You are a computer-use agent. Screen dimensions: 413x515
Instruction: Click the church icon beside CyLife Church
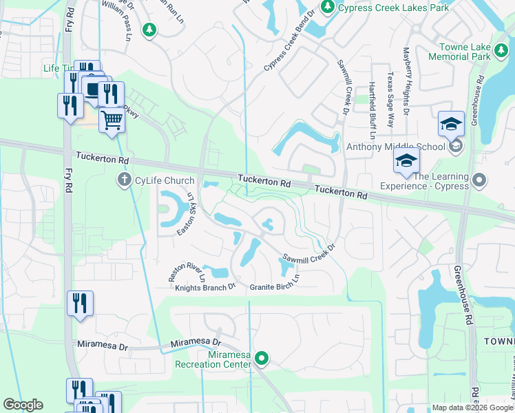tap(124, 180)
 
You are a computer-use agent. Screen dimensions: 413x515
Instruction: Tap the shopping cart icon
tap(111, 120)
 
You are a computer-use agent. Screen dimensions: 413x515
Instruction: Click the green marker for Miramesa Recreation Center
tap(261, 357)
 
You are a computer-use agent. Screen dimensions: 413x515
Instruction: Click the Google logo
tap(22, 405)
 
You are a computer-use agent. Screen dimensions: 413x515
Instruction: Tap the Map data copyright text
tap(472, 407)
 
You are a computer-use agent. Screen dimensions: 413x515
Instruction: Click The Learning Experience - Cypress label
tap(441, 182)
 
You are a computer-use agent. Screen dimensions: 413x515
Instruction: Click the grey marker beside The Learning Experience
tap(481, 181)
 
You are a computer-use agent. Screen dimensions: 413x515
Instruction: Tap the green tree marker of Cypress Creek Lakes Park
tap(328, 7)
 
